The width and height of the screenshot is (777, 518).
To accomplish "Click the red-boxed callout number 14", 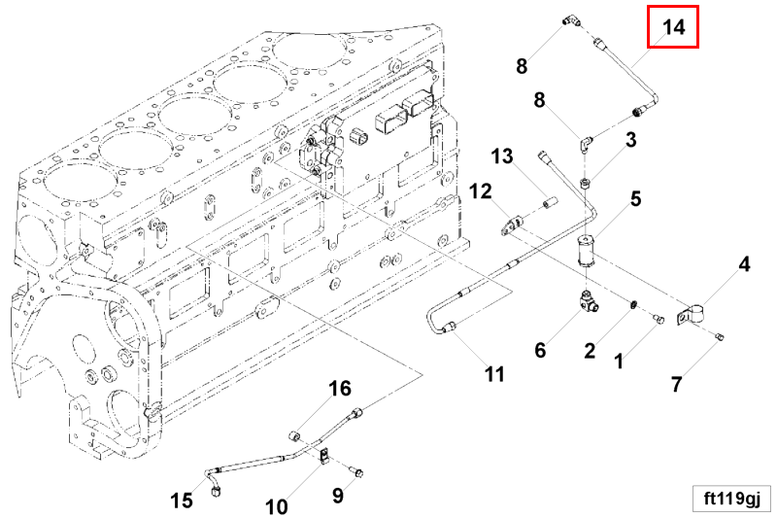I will [674, 27].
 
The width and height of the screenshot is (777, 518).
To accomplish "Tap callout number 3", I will [630, 140].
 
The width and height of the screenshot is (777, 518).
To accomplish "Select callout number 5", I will [635, 199].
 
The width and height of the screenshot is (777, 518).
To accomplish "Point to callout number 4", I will [744, 264].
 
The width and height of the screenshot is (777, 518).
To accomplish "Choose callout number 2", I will [590, 351].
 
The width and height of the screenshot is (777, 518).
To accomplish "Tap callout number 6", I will [540, 349].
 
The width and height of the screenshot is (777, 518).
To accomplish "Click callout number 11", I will [495, 373].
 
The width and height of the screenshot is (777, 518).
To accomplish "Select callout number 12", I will [482, 190].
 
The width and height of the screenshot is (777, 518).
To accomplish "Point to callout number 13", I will [502, 155].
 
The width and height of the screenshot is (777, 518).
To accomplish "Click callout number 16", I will [339, 389].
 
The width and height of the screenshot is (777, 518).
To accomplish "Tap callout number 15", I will [182, 501].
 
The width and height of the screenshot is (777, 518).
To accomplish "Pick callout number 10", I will [277, 505].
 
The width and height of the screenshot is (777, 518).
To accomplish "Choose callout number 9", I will [338, 496].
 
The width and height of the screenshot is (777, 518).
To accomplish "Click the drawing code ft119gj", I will [730, 498].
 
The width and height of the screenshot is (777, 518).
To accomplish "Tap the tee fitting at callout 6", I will [589, 303].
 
